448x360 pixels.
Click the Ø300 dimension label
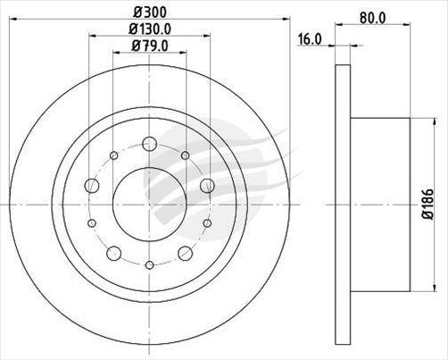point(148,12)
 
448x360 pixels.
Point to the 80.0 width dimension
point(372,14)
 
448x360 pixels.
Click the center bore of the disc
point(149,203)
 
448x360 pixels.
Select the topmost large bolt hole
point(149,144)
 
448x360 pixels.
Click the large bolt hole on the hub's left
point(91,186)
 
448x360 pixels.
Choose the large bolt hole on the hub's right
point(207,186)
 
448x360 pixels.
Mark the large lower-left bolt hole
point(113,252)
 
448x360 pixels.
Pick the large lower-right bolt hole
point(185,252)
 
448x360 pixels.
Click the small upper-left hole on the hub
point(113,156)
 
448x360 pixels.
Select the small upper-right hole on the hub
point(185,156)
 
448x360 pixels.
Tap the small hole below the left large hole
point(91,222)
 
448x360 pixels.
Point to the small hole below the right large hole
point(207,222)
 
